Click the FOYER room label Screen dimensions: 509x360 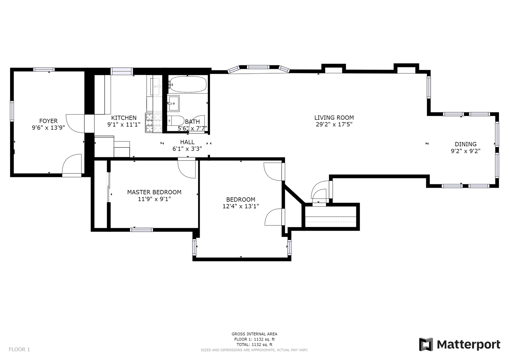click(48, 121)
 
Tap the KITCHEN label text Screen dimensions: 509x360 click(124, 118)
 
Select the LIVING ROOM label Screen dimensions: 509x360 click(334, 117)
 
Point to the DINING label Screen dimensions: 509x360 click(466, 144)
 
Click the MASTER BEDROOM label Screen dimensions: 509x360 click(154, 192)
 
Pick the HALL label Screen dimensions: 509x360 click(187, 142)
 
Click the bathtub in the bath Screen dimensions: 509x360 click(188, 84)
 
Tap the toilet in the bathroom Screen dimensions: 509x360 click(176, 121)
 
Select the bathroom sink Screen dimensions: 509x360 click(174, 103)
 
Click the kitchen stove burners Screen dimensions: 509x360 click(154, 123)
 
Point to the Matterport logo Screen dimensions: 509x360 click(459, 344)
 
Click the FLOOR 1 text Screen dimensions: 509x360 click(19, 349)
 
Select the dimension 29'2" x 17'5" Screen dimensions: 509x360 click(334, 124)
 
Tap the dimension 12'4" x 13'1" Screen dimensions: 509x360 click(241, 206)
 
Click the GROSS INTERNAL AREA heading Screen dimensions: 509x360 click(255, 334)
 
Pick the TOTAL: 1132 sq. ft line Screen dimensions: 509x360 click(255, 344)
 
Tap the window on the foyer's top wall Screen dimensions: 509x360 click(44, 70)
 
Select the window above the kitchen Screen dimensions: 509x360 click(122, 71)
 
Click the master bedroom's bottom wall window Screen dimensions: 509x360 click(141, 230)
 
